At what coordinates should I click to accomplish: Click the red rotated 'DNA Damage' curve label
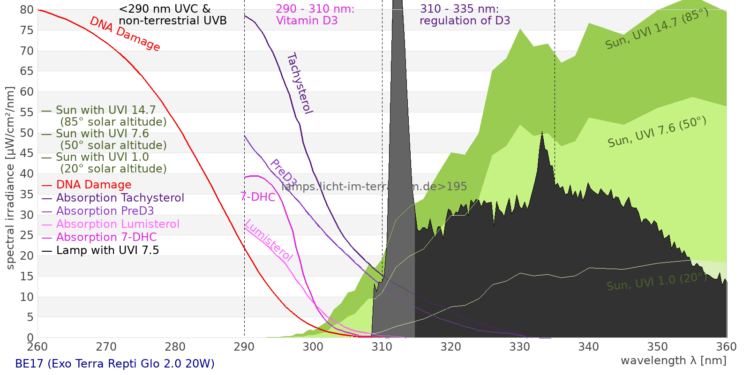coord(125,34)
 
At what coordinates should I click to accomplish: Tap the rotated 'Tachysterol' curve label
coord(300,83)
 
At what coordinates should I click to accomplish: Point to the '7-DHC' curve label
coord(258,197)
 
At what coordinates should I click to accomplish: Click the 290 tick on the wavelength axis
coord(244,347)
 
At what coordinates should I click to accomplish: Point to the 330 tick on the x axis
coord(520,347)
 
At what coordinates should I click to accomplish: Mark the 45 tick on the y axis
coord(27,153)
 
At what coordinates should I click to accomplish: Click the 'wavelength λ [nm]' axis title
coord(674,360)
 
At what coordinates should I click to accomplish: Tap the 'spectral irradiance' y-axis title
coord(10,178)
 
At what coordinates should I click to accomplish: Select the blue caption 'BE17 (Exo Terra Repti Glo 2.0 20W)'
coord(115,364)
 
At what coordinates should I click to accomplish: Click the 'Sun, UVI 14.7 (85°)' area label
coord(657,29)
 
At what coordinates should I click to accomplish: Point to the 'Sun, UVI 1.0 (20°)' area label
coord(657,282)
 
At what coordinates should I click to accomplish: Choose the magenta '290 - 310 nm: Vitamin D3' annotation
coord(315,15)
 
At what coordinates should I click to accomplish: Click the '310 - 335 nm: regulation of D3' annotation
coord(465,15)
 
